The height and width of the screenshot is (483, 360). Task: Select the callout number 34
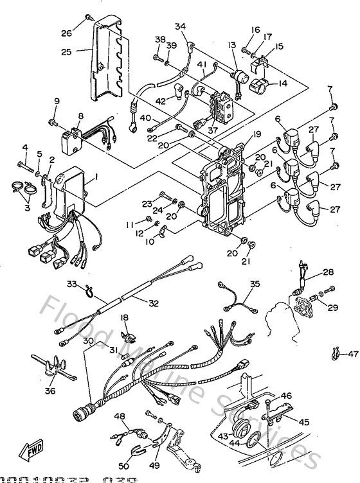pyautogui.click(x=180, y=26)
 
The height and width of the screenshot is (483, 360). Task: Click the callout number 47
pyautogui.click(x=352, y=354)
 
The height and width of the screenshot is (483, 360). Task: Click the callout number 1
pyautogui.click(x=96, y=176)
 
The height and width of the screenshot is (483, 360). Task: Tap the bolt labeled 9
pyautogui.click(x=53, y=121)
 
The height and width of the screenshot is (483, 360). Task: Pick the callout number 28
pyautogui.click(x=328, y=272)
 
